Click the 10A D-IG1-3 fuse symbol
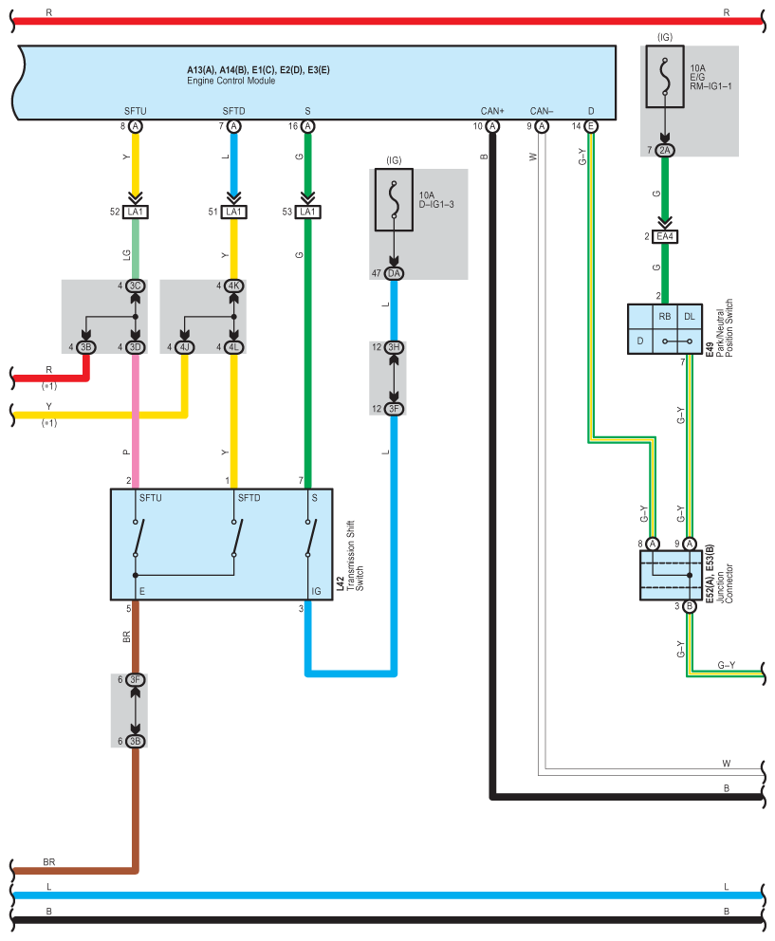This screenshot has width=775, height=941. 394,199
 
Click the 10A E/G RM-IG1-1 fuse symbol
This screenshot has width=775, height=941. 665,76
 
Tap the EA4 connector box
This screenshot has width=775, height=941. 665,236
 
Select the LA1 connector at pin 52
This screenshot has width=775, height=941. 135,212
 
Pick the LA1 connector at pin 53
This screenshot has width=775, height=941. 307,212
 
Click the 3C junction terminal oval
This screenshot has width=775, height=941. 135,286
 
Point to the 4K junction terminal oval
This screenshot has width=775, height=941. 233,286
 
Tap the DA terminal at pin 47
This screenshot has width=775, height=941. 394,273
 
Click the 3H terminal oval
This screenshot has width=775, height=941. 394,347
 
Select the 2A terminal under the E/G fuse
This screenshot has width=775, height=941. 665,150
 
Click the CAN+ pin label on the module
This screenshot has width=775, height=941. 492,111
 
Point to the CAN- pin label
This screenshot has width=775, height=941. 542,111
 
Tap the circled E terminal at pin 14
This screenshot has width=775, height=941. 591,126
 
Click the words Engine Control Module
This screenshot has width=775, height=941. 231,81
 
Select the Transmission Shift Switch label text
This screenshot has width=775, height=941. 356,556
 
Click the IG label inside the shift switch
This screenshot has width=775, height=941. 316,591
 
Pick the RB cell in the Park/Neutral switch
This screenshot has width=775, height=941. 665,316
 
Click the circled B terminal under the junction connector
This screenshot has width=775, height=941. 690,606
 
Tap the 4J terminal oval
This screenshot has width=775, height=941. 184,347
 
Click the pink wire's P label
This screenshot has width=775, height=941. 127,452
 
